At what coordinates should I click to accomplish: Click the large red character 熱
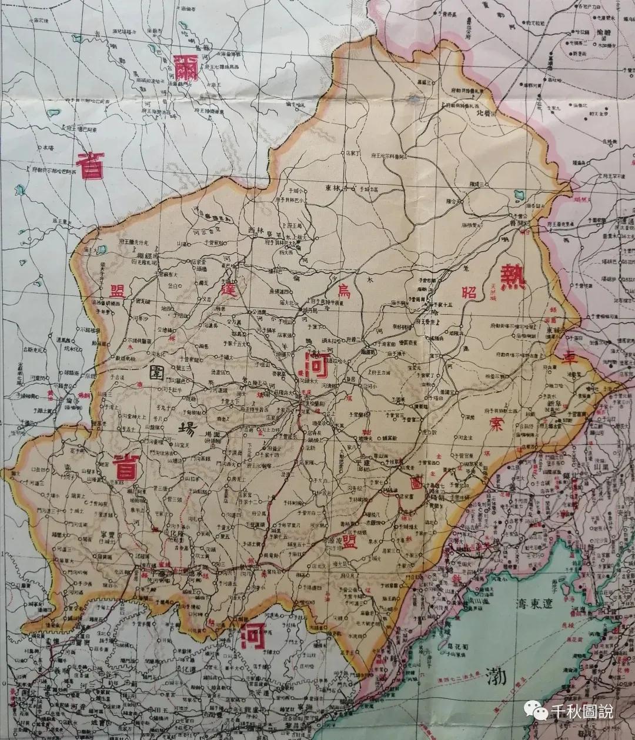coord(512,274)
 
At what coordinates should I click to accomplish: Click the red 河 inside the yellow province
coord(312,366)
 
